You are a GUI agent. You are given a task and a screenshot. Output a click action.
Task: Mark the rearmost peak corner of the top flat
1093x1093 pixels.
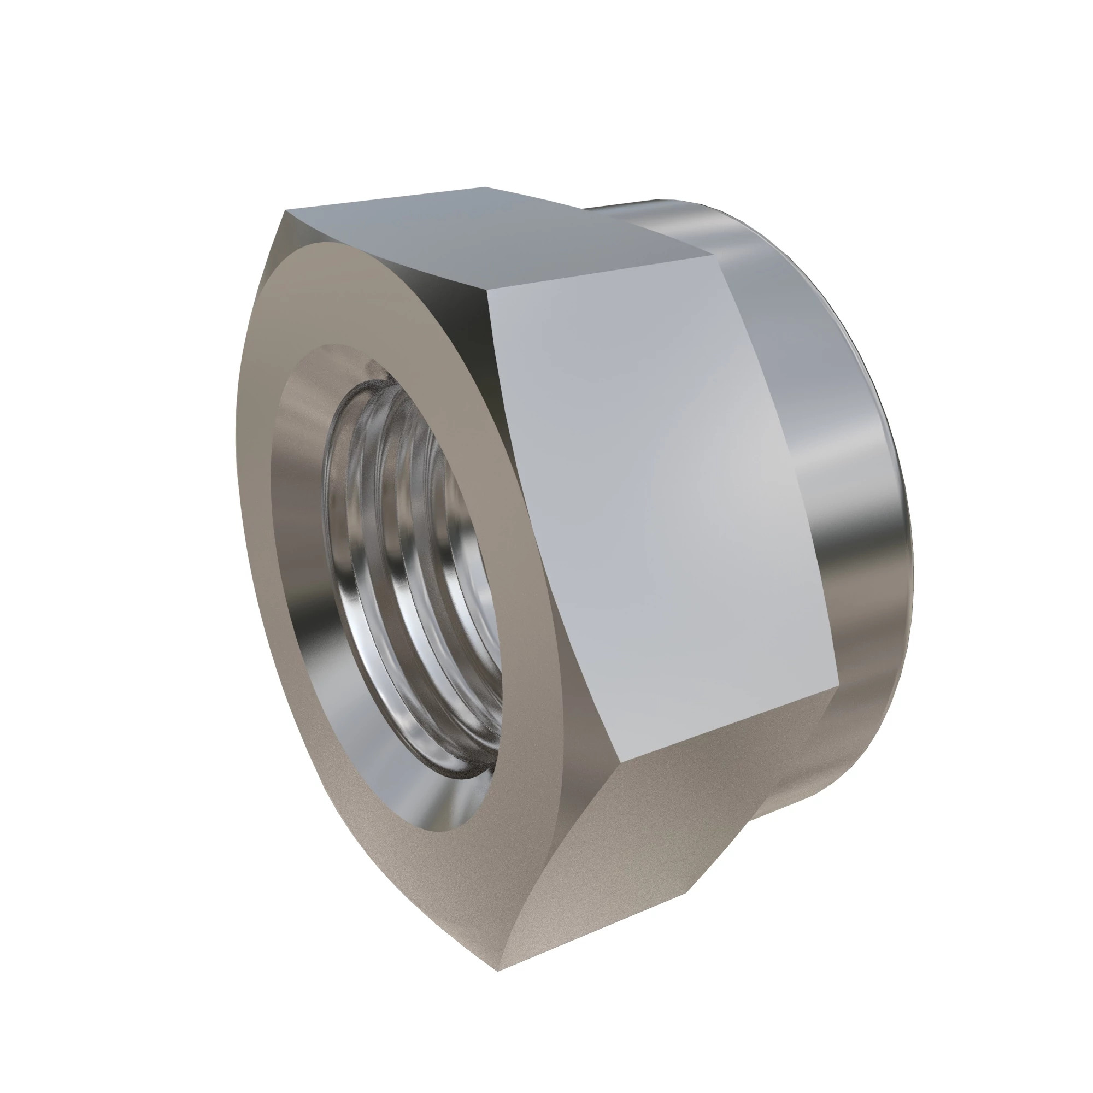click(x=485, y=187)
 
